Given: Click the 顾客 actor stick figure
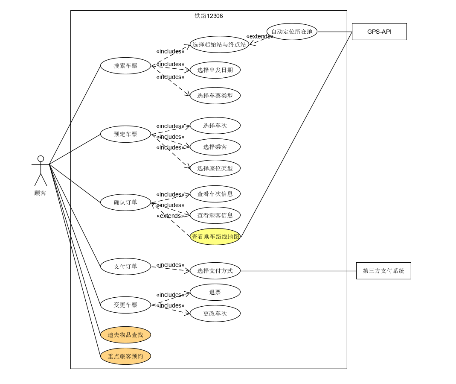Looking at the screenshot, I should (x=41, y=170).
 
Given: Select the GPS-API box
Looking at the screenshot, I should (x=379, y=32).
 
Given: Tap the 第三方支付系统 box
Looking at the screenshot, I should (x=383, y=271).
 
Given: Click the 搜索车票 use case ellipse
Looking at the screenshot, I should (x=125, y=66).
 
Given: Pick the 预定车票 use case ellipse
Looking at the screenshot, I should (x=125, y=134).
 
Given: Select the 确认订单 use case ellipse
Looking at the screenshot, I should (x=125, y=202).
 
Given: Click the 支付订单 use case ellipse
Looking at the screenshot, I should (x=125, y=267).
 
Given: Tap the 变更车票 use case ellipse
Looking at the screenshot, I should (x=125, y=305).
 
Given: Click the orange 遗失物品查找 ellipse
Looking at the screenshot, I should (x=125, y=335).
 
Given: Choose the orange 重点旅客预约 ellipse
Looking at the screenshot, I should (x=125, y=356).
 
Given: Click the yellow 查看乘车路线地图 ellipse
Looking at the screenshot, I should (x=215, y=237).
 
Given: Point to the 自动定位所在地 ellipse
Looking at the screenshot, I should (x=292, y=32).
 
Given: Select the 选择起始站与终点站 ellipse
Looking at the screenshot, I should (x=219, y=44).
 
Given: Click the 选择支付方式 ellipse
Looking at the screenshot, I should (x=215, y=271).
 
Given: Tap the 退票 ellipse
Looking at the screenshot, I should (x=215, y=292).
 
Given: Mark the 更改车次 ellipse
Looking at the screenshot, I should (x=215, y=314).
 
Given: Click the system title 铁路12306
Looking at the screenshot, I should (x=209, y=16).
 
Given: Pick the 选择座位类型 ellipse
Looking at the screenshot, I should (x=215, y=168).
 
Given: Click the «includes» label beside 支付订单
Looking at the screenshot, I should (x=170, y=265).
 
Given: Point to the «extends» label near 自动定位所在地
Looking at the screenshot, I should (x=259, y=36).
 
